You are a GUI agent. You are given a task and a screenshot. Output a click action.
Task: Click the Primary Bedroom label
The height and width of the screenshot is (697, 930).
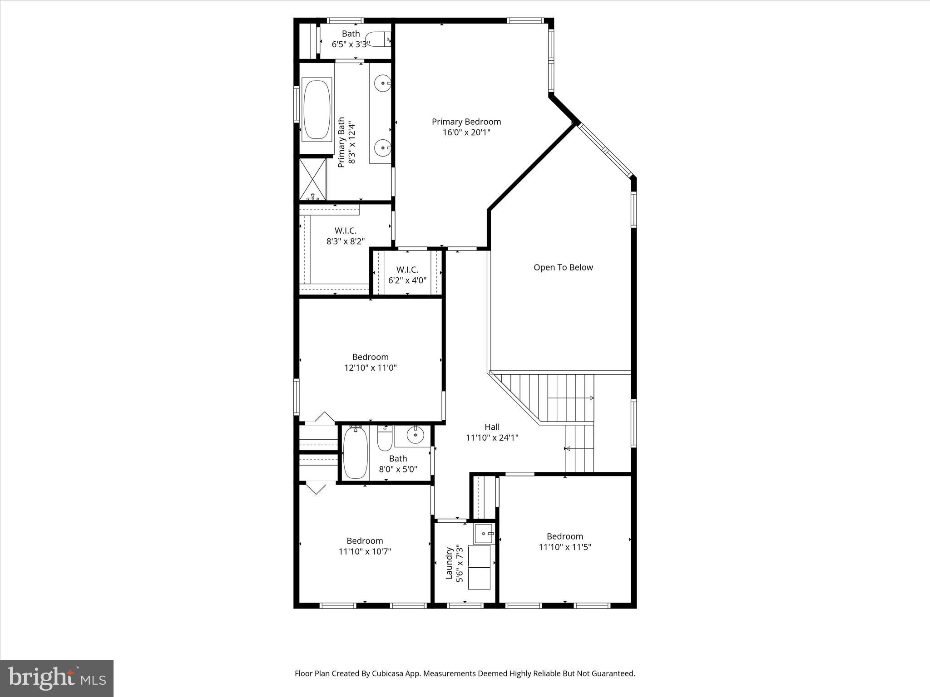point(466,122)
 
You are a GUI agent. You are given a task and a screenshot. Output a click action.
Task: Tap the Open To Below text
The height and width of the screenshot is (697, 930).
point(563,267)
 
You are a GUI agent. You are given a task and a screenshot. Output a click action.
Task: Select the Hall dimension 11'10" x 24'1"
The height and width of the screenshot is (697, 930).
point(492,438)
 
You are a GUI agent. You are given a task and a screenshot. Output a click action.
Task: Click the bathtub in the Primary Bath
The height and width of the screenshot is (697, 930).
point(317,109)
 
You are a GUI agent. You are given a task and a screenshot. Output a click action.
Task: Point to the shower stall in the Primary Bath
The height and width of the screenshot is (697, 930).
point(313,179)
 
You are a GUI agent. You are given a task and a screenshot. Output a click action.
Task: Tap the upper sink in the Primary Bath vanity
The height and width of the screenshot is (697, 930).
point(383,83)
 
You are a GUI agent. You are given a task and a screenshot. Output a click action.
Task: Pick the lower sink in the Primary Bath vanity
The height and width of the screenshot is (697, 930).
point(383,147)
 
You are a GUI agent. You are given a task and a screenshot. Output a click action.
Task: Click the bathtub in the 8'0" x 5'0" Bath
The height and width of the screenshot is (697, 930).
point(355,453)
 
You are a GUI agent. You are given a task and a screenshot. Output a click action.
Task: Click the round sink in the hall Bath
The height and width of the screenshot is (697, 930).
point(415,435)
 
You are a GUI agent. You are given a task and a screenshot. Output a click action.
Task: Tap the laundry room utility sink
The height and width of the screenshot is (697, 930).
point(484,533)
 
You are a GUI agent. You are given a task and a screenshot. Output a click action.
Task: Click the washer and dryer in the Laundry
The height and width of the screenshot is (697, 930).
point(480,567)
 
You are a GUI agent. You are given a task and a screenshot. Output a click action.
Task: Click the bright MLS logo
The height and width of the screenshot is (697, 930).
point(57,678)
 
